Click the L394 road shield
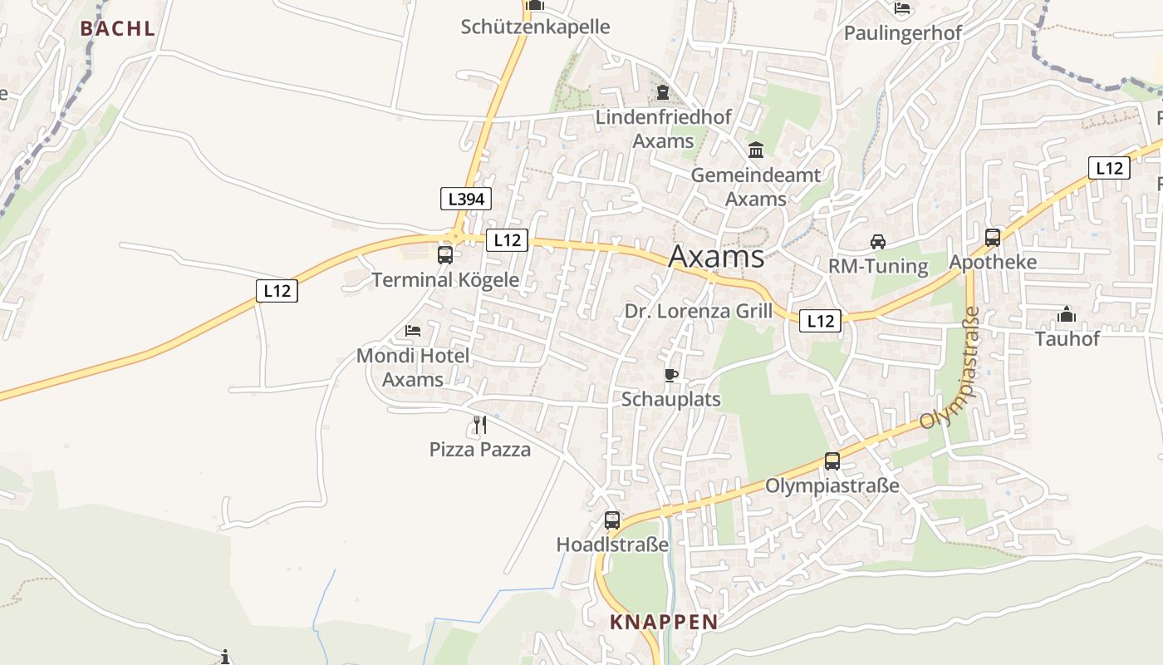click(x=465, y=199)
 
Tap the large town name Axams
click(x=716, y=257)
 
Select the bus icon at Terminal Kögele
click(x=445, y=254)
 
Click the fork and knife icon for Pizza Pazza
click(x=479, y=425)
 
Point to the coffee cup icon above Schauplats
click(x=671, y=376)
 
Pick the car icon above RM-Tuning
click(x=877, y=242)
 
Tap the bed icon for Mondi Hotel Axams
click(x=413, y=331)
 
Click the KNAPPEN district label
click(x=664, y=622)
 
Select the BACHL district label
click(x=118, y=28)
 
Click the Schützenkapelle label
click(x=536, y=27)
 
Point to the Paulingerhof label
click(x=903, y=33)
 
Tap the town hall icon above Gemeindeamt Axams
click(x=756, y=150)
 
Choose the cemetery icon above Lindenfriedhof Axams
click(x=663, y=92)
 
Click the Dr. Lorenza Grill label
click(x=699, y=312)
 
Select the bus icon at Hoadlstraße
click(x=612, y=520)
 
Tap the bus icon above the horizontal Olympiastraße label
click(x=832, y=461)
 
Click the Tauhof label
click(x=1067, y=338)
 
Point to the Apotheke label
click(x=993, y=263)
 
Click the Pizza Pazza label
click(x=480, y=450)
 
